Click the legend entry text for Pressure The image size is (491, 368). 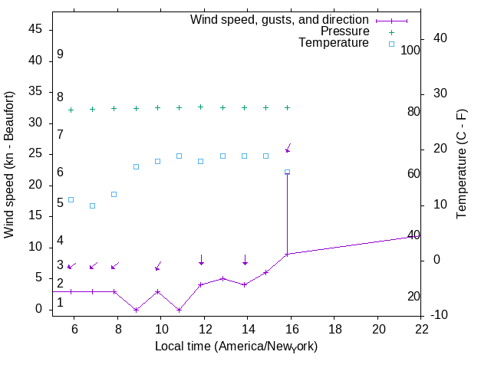(x=344, y=31)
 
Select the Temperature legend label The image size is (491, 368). (x=334, y=43)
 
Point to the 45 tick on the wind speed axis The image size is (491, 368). (x=37, y=29)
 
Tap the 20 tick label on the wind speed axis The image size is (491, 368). (x=37, y=185)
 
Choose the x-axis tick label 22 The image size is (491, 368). (x=421, y=329)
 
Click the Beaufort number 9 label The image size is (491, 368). (x=60, y=55)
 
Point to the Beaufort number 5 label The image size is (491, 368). (x=60, y=203)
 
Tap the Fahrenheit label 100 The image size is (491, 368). (x=410, y=51)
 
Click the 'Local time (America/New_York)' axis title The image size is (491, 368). (x=236, y=347)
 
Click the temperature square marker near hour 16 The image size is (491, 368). (x=288, y=172)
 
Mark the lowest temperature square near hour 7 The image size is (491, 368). (x=93, y=205)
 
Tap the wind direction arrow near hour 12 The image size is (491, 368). (x=201, y=261)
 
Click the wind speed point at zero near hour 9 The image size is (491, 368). (x=136, y=310)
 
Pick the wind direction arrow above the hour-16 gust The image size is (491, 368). (x=288, y=148)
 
